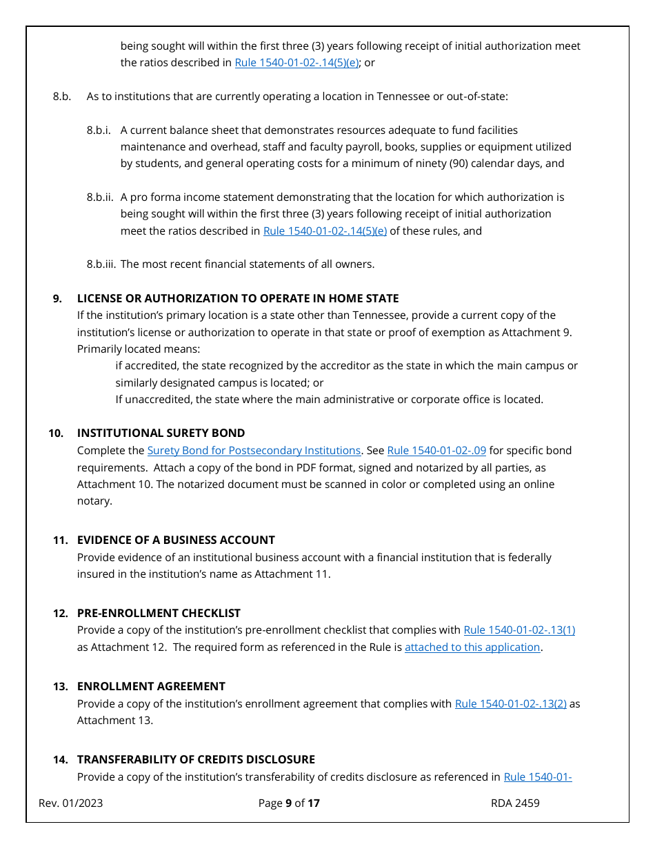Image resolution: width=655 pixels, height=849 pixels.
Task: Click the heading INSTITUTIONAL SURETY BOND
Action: point(161,433)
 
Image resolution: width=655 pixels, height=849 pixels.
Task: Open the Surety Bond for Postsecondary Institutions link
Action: point(254,451)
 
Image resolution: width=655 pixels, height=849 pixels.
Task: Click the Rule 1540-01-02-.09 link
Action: point(436,451)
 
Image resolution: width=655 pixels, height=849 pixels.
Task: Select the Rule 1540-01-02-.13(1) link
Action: point(519,630)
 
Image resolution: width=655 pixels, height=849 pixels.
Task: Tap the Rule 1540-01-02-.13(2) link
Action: point(510,704)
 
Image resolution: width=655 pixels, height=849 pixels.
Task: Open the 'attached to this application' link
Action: point(472,647)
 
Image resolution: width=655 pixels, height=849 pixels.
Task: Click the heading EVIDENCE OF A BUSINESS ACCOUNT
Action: point(176,540)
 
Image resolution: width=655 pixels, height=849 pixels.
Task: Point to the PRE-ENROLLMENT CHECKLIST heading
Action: point(159,613)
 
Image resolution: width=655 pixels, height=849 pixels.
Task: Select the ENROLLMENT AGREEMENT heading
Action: point(151,686)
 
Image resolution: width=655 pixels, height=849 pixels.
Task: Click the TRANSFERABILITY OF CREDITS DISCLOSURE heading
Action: point(196,759)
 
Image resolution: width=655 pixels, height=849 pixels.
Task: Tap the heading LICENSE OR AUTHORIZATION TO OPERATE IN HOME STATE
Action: point(238,299)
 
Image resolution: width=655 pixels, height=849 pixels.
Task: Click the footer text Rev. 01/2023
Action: point(71,803)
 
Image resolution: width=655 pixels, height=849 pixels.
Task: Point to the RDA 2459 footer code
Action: point(515,803)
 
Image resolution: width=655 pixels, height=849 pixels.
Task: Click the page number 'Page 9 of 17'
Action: point(289,803)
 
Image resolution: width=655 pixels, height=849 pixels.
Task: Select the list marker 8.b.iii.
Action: point(101,264)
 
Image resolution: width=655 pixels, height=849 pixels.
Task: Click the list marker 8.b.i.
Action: point(99,130)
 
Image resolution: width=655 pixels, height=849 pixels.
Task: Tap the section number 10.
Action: point(56,433)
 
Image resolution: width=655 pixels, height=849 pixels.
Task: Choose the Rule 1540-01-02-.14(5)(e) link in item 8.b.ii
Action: point(325,231)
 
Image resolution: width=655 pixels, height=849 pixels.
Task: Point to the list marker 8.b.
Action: point(62,97)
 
